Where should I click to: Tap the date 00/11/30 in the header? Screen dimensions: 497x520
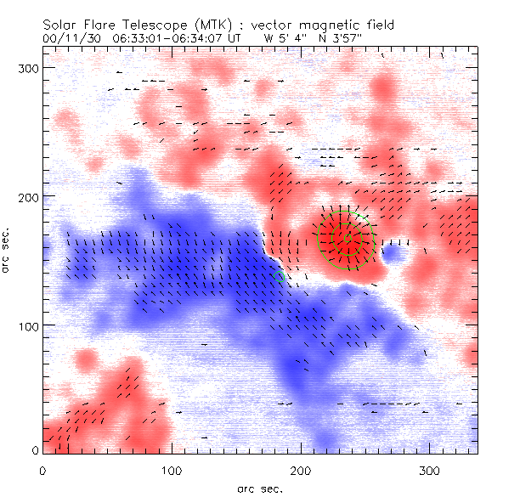70,38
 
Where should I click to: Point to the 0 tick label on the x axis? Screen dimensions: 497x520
42,470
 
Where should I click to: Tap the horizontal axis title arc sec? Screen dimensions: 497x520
260,488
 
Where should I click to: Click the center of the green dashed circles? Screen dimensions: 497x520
346,240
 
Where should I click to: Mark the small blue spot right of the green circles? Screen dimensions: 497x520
393,251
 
